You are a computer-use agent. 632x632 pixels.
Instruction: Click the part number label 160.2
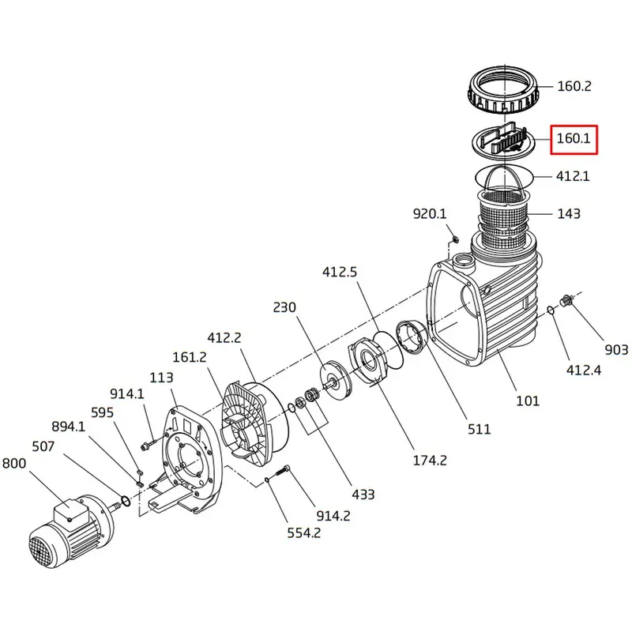pyautogui.click(x=574, y=87)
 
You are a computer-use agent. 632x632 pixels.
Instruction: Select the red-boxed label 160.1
pyautogui.click(x=574, y=139)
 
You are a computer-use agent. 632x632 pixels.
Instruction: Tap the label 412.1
pyautogui.click(x=574, y=177)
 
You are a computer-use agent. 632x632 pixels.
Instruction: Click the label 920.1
pyautogui.click(x=431, y=213)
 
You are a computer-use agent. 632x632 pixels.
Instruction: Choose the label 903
pyautogui.click(x=617, y=350)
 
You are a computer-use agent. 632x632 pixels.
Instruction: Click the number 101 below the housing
pyautogui.click(x=527, y=401)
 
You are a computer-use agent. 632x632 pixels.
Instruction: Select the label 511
pyautogui.click(x=479, y=429)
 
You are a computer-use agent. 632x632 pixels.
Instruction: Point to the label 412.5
pyautogui.click(x=340, y=272)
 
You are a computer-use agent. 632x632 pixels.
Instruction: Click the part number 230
pyautogui.click(x=285, y=307)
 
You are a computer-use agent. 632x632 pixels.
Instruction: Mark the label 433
pyautogui.click(x=363, y=495)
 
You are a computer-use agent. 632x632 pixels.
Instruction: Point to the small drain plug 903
pyautogui.click(x=565, y=301)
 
